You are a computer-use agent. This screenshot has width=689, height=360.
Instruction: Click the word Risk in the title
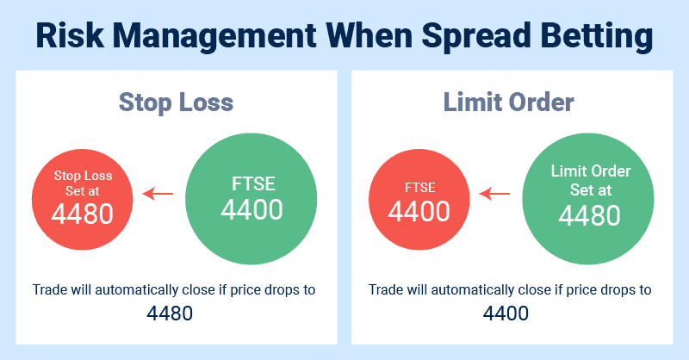(70, 35)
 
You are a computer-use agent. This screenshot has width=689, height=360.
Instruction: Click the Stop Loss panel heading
(177, 102)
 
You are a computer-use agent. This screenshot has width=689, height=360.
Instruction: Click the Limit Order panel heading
(508, 102)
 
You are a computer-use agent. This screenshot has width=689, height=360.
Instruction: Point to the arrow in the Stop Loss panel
(158, 194)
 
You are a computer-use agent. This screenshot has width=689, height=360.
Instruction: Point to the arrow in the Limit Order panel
(494, 194)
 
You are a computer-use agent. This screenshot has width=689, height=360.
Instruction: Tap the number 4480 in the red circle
(82, 214)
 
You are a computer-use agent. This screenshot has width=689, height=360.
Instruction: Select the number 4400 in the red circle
(419, 211)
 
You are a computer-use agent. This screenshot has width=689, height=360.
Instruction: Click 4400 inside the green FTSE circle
(251, 209)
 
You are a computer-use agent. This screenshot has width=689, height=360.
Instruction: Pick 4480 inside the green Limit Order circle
(589, 215)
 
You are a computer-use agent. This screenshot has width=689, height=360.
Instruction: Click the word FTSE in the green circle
(253, 183)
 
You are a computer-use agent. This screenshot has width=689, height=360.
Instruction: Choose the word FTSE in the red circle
(420, 188)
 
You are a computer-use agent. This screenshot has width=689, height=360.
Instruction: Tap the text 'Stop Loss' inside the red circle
(83, 176)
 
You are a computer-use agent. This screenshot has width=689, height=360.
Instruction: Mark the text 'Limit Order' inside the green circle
(591, 171)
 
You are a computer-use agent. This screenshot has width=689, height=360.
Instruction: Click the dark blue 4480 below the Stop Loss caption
(170, 313)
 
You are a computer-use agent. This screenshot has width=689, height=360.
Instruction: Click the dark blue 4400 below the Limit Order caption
(506, 313)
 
